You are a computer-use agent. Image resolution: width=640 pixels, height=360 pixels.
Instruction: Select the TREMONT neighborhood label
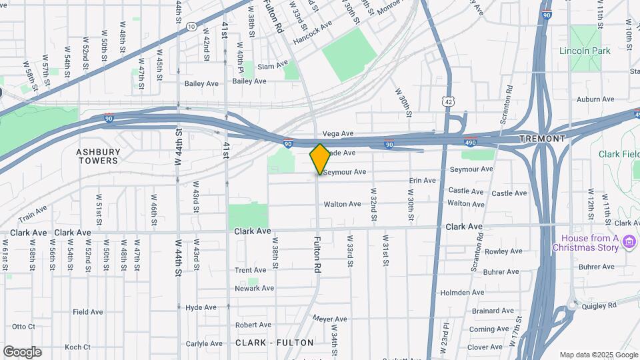click(543, 139)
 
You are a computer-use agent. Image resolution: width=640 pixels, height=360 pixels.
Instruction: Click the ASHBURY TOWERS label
click(98, 156)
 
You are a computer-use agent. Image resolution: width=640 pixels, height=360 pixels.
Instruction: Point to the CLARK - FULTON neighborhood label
click(274, 343)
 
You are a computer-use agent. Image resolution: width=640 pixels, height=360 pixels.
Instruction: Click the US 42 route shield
click(449, 101)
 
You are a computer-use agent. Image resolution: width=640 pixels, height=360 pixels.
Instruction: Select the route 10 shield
click(191, 27)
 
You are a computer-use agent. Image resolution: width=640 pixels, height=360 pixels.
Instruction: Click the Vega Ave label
click(337, 133)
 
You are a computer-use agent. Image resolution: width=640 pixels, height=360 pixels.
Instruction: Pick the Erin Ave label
click(422, 181)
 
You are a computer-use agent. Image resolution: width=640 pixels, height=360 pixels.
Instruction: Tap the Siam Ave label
click(273, 65)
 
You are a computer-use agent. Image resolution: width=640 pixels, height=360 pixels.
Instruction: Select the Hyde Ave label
click(201, 307)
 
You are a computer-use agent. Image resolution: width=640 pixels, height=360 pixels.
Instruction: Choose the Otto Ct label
click(23, 327)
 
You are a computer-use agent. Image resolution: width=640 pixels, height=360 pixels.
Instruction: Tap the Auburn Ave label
click(595, 99)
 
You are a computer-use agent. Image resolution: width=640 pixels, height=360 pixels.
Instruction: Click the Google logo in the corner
click(22, 351)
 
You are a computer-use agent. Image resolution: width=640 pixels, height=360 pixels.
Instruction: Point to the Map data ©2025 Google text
click(598, 355)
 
